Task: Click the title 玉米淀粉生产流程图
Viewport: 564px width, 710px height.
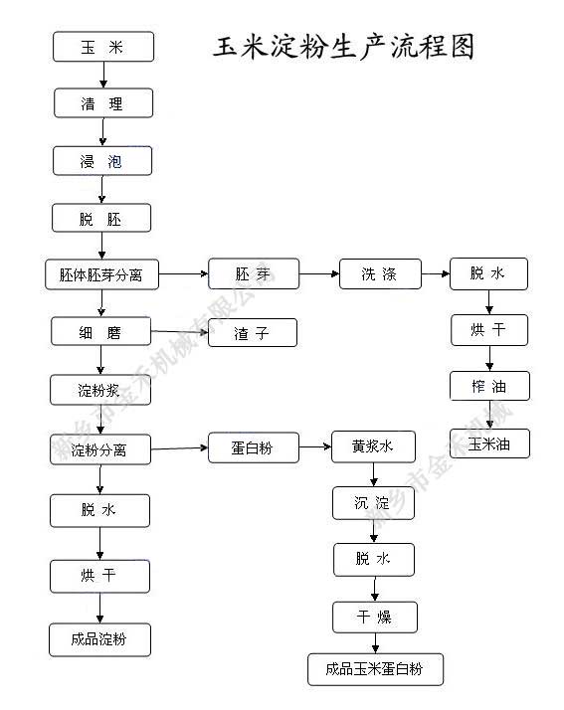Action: click(x=344, y=47)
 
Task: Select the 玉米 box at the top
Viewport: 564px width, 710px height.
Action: click(x=102, y=47)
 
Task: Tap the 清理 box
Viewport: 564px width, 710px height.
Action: click(x=102, y=103)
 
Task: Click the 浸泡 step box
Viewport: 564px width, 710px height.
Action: click(x=102, y=161)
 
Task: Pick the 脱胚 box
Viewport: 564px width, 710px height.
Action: click(x=101, y=219)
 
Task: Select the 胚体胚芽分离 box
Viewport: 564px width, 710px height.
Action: click(x=102, y=274)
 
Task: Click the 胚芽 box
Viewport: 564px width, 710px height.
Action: click(x=254, y=274)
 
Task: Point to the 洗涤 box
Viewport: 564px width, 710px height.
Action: click(x=380, y=274)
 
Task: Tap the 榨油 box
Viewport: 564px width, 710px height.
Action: click(x=488, y=386)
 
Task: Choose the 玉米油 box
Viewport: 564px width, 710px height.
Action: click(x=488, y=443)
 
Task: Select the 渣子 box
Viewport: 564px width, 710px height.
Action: click(x=253, y=333)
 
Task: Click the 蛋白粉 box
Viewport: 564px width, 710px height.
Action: click(x=253, y=448)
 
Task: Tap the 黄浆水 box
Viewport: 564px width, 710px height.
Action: click(x=373, y=447)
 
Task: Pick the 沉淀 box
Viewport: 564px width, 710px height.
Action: click(x=373, y=503)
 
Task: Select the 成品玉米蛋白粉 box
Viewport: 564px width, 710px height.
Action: click(x=374, y=669)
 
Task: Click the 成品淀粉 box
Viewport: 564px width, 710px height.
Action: click(x=100, y=639)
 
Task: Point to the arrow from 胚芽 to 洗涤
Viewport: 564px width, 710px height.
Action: click(x=318, y=273)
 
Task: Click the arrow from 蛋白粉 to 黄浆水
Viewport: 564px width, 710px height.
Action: click(x=315, y=447)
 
